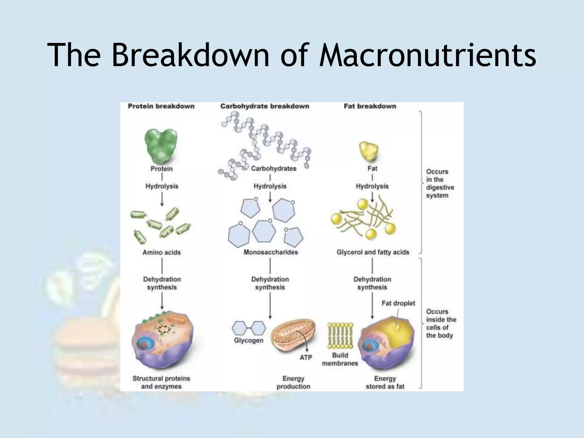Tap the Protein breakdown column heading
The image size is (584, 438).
click(161, 106)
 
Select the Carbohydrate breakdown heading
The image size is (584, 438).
click(265, 106)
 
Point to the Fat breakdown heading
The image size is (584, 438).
click(370, 106)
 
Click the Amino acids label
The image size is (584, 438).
click(161, 252)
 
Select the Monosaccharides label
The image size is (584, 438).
click(271, 252)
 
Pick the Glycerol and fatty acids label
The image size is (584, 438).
click(373, 252)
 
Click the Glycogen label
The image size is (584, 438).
click(249, 340)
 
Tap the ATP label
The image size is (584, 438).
click(306, 357)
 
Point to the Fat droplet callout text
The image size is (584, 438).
click(398, 303)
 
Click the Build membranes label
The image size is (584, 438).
click(340, 359)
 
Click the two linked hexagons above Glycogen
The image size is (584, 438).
click(249, 328)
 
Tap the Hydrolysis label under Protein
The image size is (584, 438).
click(162, 186)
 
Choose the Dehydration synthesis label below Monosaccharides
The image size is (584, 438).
click(270, 283)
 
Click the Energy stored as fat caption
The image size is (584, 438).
click(385, 383)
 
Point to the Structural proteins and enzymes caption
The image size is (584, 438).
click(161, 382)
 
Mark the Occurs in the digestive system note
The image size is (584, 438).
click(440, 184)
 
